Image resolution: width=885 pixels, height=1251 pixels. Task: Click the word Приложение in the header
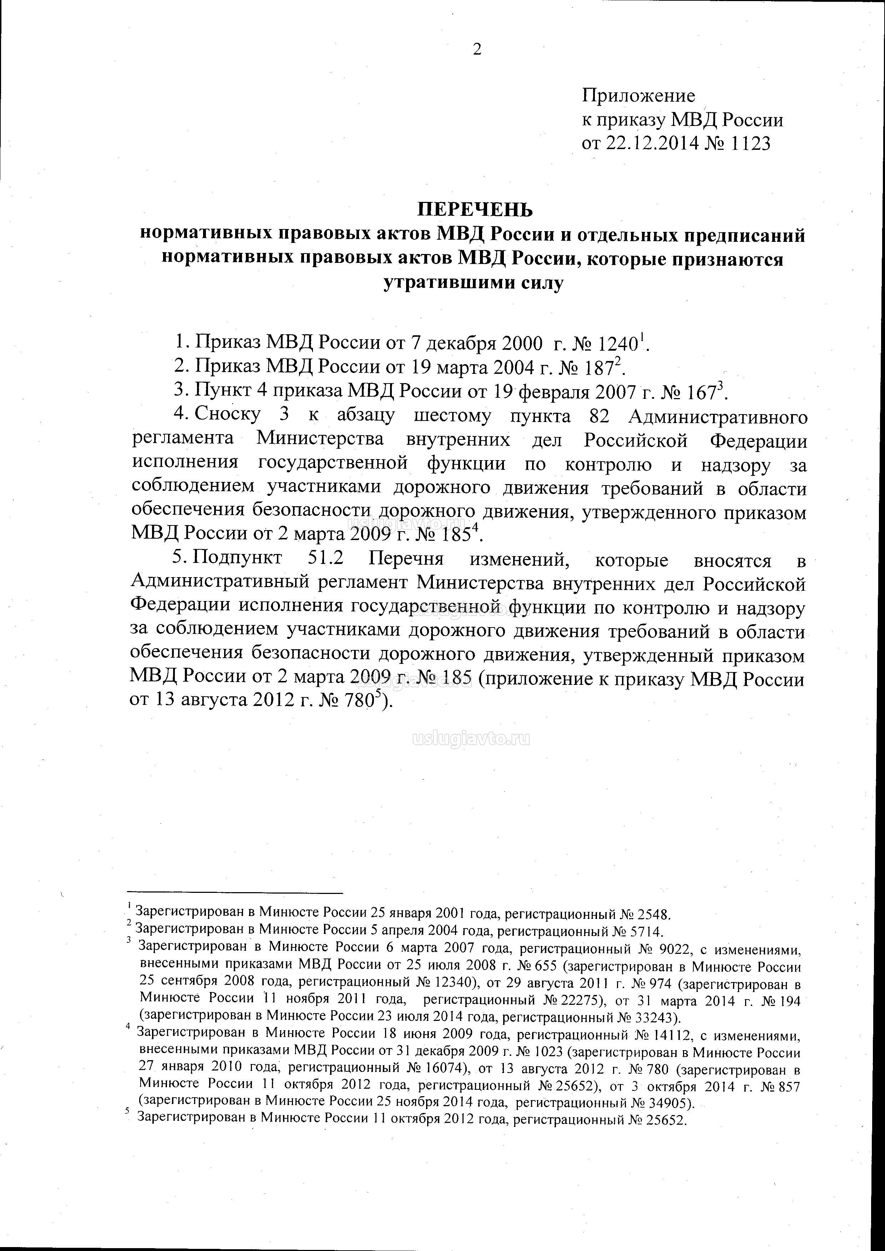[638, 96]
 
